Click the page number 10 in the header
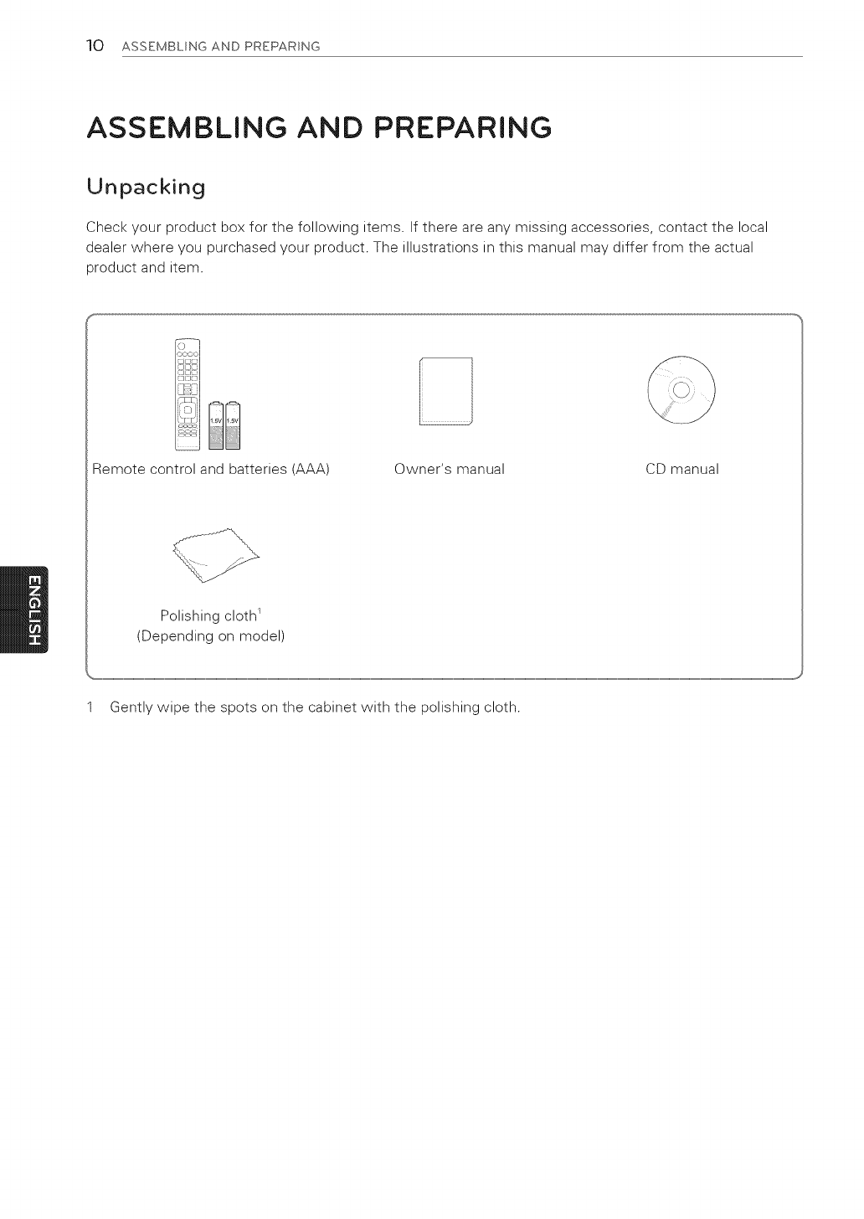point(94,45)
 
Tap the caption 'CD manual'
point(681,470)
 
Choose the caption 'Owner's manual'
point(449,470)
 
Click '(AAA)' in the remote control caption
point(309,470)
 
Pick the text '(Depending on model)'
point(211,636)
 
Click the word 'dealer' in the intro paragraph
point(105,248)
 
